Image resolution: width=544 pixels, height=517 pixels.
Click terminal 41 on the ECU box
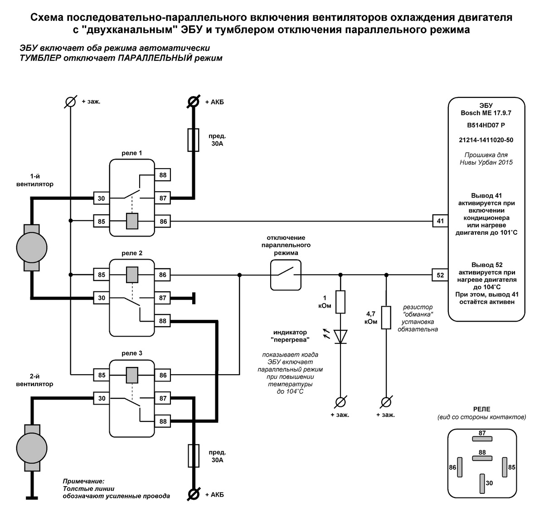pyautogui.click(x=440, y=222)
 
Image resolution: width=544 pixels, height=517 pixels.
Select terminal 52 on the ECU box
pyautogui.click(x=440, y=275)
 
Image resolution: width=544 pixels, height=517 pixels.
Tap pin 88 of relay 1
pyautogui.click(x=163, y=175)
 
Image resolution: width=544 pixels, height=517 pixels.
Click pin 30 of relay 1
pyautogui.click(x=101, y=198)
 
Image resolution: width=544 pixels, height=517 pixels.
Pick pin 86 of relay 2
pyautogui.click(x=163, y=275)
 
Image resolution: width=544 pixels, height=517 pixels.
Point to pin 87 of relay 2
pyautogui.click(x=163, y=298)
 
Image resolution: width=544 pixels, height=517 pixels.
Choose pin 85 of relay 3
pyautogui.click(x=101, y=375)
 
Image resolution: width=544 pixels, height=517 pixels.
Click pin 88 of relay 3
pyautogui.click(x=163, y=421)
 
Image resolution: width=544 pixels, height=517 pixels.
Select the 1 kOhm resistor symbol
pyautogui.click(x=340, y=302)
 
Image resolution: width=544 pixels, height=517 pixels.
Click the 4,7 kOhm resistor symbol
pyautogui.click(x=386, y=317)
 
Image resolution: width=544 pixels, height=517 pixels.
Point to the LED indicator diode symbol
pyautogui.click(x=340, y=336)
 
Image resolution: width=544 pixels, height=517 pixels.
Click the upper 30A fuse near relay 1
pyautogui.click(x=193, y=140)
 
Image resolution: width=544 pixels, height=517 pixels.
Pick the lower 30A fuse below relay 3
pyautogui.click(x=193, y=456)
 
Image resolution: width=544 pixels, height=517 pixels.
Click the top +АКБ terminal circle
pyautogui.click(x=194, y=101)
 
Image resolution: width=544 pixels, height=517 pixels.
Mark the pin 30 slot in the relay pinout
pyautogui.click(x=482, y=483)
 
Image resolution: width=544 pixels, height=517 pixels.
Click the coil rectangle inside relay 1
pyautogui.click(x=132, y=221)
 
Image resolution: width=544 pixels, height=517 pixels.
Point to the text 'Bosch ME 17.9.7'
pyautogui.click(x=486, y=113)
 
